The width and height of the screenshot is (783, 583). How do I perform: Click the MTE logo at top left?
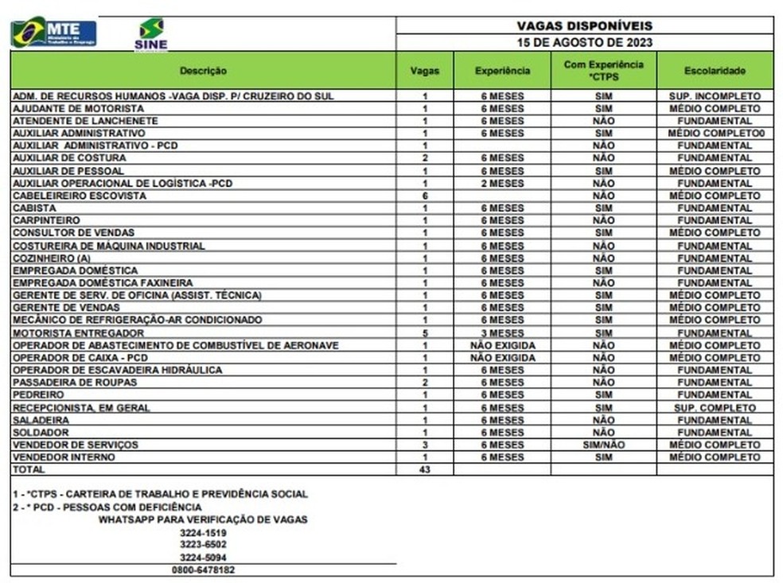click(53, 32)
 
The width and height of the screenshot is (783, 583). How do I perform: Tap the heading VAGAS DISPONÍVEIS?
click(584, 25)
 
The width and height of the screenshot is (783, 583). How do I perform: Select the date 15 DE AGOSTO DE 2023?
click(584, 43)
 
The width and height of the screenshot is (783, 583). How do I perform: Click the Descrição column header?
click(203, 71)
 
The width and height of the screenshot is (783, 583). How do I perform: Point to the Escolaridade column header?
click(715, 71)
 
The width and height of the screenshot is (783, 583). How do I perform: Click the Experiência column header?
click(502, 71)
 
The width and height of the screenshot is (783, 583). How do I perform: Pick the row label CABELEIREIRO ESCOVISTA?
click(80, 196)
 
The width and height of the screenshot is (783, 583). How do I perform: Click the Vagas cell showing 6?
click(425, 196)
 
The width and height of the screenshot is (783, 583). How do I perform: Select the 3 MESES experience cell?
click(502, 333)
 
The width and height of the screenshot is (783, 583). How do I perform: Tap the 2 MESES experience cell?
click(502, 184)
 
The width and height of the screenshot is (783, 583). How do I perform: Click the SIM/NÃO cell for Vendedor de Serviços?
click(603, 445)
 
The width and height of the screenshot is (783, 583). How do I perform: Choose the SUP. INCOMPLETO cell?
click(715, 96)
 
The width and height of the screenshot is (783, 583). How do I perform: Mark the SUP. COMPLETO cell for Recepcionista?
click(715, 408)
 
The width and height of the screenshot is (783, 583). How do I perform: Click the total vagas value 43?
click(425, 470)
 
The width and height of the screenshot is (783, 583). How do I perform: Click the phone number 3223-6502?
click(203, 545)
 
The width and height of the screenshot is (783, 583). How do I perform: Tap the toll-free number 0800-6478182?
click(203, 570)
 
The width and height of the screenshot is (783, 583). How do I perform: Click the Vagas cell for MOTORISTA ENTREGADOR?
click(425, 333)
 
